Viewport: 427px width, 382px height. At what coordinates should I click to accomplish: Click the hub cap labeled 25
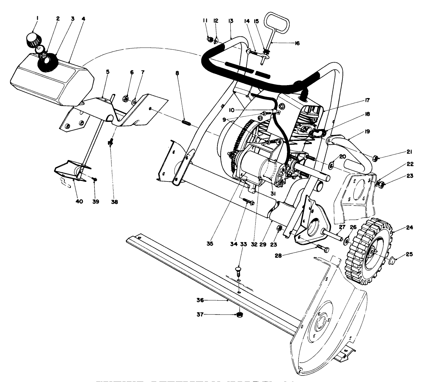click(393, 260)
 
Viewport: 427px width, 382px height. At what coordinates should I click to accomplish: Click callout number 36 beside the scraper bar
click(200, 300)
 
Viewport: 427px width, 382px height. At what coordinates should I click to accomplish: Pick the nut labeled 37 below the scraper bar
click(240, 315)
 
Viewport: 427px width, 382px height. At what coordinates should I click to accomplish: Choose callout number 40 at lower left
click(79, 202)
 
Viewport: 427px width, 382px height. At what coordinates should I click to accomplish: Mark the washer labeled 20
click(331, 166)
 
